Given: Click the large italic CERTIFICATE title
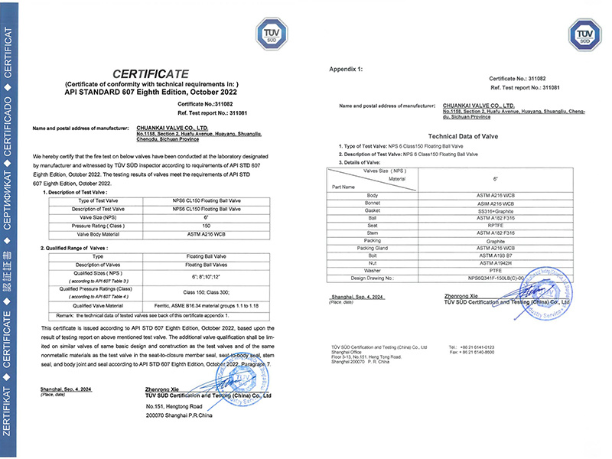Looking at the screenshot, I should (150, 73).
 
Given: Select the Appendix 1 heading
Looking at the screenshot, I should (346, 69).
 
